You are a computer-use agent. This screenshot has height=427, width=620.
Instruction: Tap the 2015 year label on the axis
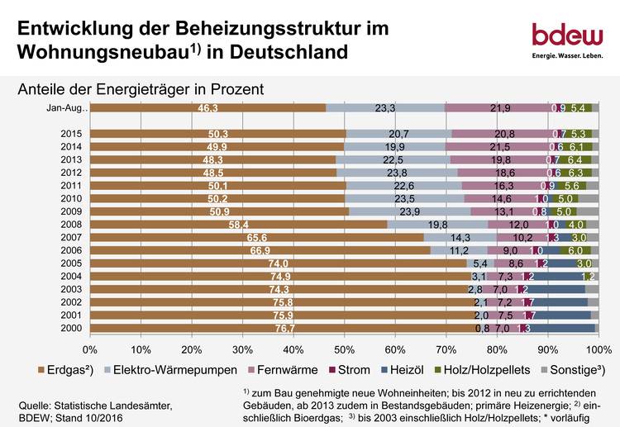[73, 134]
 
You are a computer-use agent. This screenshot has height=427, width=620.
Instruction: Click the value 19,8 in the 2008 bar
[437, 225]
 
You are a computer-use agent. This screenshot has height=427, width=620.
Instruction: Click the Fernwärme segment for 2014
[500, 147]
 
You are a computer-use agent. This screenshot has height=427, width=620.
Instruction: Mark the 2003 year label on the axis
[73, 290]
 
